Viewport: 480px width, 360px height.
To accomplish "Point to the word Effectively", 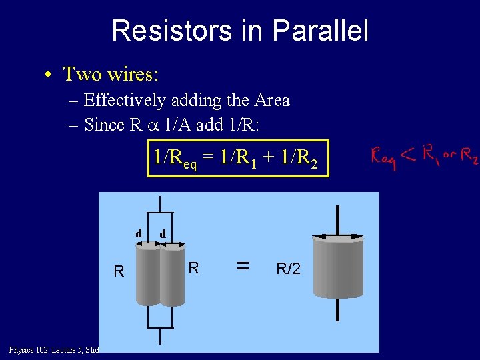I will tap(125, 100).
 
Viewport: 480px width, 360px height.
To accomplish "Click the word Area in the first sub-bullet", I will tap(272, 100).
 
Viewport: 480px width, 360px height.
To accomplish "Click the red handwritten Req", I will tap(383, 159).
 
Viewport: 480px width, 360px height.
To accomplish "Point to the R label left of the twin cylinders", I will tap(119, 271).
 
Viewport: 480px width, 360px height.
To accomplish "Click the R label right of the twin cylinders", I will tap(193, 268).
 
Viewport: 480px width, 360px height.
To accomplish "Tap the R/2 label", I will tap(288, 269).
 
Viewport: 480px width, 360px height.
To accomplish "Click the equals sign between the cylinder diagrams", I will tap(243, 266).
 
